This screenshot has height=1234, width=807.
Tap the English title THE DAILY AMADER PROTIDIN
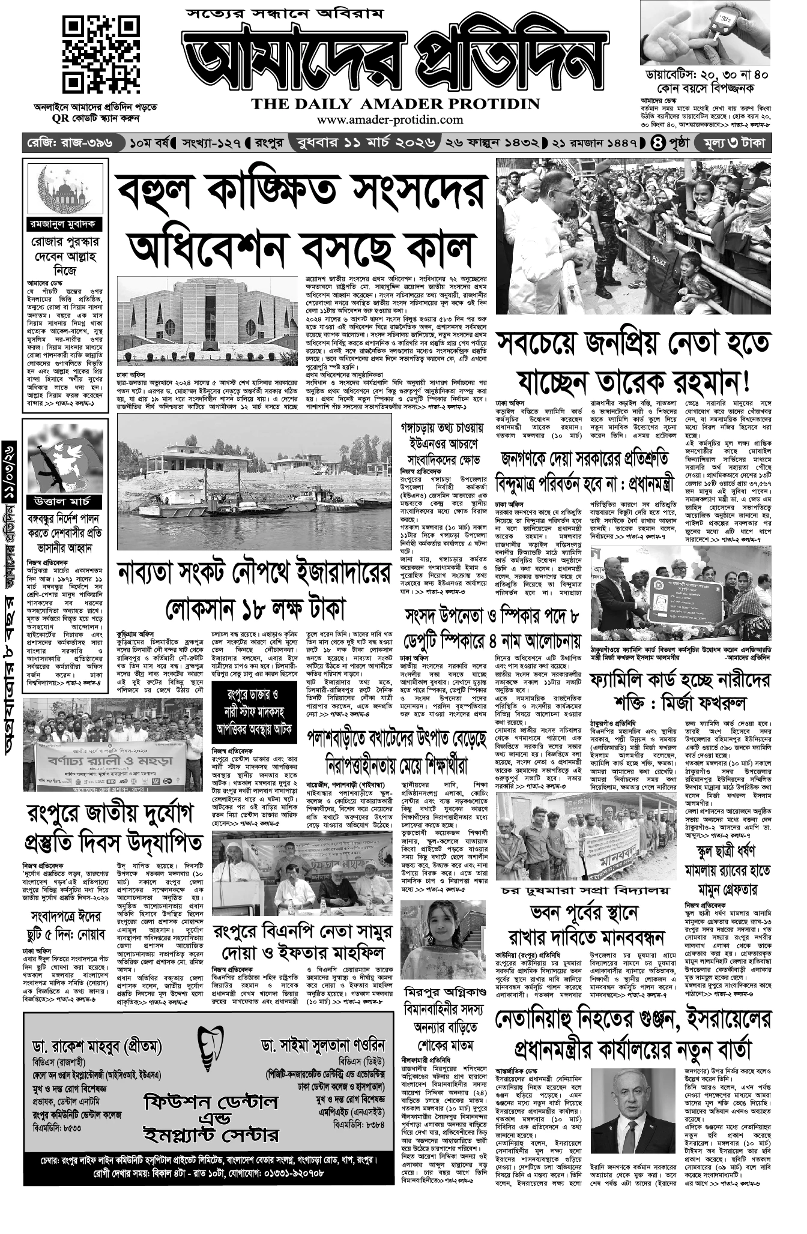point(395,104)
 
